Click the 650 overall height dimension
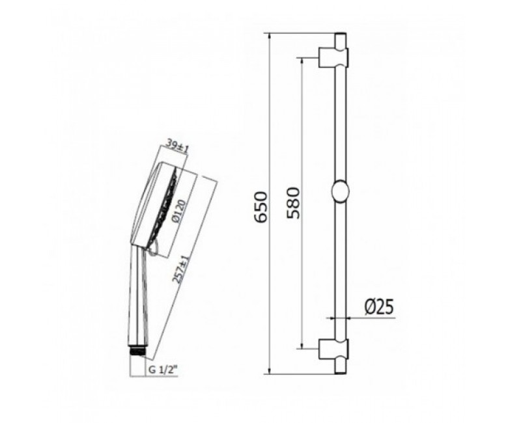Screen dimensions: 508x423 coord(261,207)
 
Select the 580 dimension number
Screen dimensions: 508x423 coord(294,203)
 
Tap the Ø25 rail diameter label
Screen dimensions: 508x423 coord(379,307)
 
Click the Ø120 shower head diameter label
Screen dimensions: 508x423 coord(179,211)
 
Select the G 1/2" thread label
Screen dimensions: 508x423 coord(163,370)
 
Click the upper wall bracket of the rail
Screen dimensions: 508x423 coord(333,58)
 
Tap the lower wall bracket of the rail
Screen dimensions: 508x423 coord(333,349)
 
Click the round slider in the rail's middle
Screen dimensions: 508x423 coord(341,191)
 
